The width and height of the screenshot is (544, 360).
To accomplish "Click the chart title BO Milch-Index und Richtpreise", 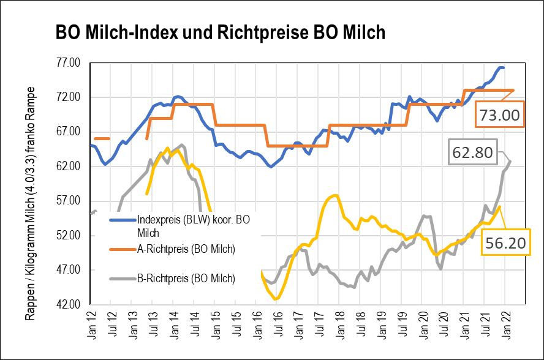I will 221,32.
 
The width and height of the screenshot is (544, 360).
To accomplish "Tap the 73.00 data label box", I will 500,114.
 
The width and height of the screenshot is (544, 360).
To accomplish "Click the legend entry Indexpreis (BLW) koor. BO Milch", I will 194,225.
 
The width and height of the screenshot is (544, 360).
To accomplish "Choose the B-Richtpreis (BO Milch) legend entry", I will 186,279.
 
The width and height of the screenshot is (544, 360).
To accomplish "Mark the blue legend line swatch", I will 122,219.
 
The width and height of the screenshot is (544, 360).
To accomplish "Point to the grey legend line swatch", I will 122,279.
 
